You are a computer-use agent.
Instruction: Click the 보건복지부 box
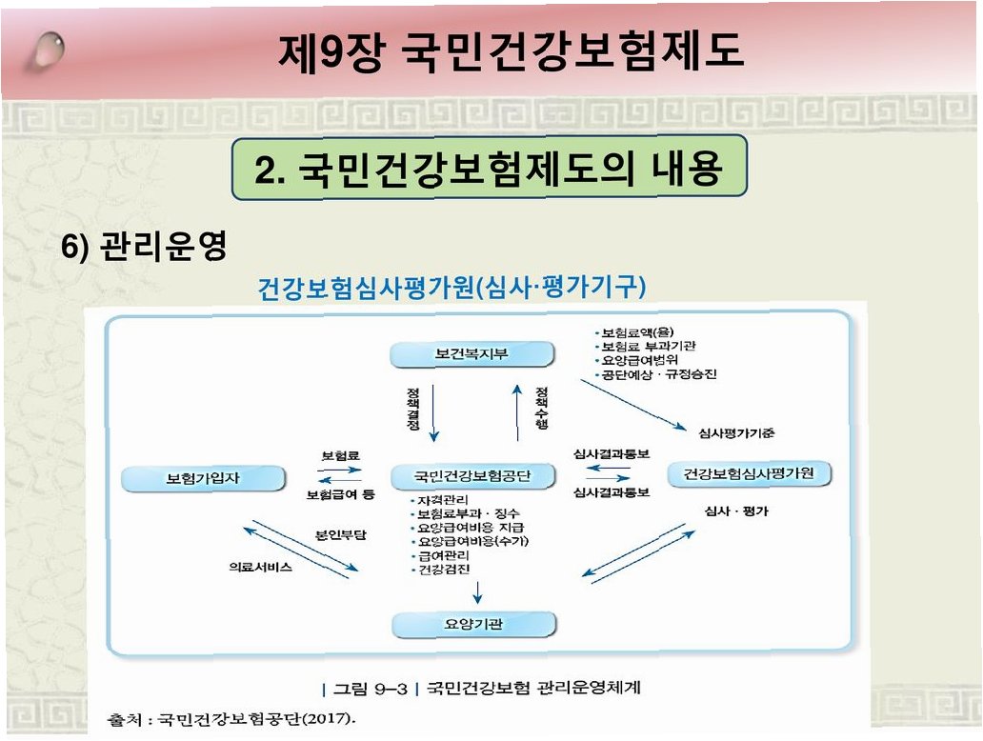point(472,355)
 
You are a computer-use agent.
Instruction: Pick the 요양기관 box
point(473,624)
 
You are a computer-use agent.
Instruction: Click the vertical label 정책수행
point(541,408)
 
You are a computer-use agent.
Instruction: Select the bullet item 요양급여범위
point(638,361)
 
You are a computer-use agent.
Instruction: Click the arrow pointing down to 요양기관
point(477,592)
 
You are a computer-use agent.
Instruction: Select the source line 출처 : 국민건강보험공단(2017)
point(226,716)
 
